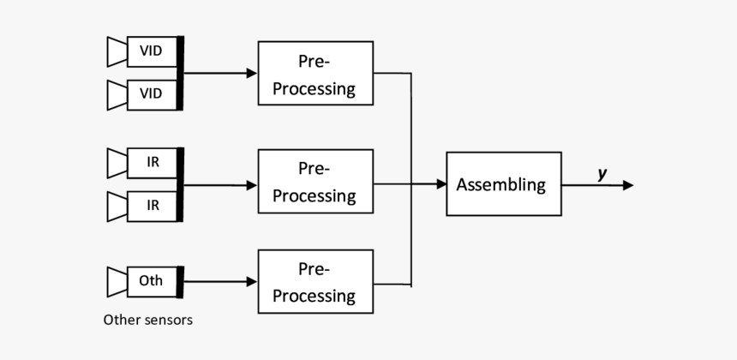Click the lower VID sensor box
click(151, 93)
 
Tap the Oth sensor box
click(151, 280)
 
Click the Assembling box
click(503, 184)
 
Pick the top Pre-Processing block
click(315, 74)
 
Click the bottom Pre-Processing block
click(315, 281)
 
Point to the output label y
click(602, 173)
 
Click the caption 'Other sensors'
click(147, 321)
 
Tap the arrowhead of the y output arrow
click(628, 185)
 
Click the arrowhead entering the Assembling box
click(440, 184)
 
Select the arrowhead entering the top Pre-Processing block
click(252, 74)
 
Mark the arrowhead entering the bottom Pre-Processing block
click(252, 281)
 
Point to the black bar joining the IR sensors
click(180, 184)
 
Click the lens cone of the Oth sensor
click(117, 280)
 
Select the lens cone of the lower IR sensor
click(117, 206)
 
